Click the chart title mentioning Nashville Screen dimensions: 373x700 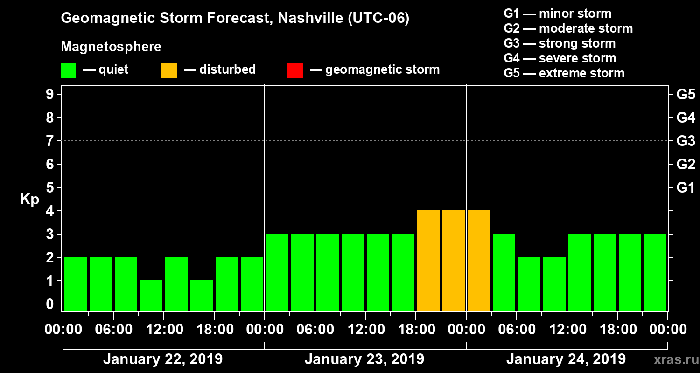[235, 19]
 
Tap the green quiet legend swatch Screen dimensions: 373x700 [68, 70]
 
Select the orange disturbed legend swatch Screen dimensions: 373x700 [169, 70]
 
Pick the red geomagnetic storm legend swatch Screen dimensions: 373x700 [295, 70]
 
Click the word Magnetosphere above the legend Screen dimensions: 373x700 [111, 47]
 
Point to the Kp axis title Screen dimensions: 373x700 [29, 200]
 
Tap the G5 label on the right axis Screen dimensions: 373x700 [686, 95]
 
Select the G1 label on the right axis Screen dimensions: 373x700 [686, 188]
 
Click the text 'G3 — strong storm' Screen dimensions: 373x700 [560, 43]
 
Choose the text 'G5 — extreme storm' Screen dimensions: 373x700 [564, 73]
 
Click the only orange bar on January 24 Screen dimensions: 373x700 [479, 261]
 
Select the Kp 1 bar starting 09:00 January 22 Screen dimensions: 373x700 [151, 296]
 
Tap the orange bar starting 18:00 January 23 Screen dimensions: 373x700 [428, 261]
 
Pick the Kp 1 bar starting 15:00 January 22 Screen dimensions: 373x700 [202, 296]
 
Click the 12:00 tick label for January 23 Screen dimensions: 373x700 [365, 330]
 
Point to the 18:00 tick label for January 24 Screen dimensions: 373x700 [617, 330]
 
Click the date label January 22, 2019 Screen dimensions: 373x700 [162, 359]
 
